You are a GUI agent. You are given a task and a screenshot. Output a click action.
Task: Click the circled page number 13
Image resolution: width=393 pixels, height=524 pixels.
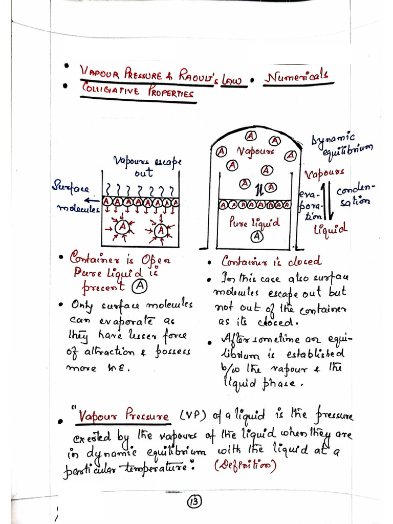pos(195,503)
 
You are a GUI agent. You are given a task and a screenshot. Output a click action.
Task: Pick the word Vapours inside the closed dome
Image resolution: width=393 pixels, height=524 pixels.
pos(255,151)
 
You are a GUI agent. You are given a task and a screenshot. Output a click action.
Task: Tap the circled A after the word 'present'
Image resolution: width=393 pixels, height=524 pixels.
pos(139,287)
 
